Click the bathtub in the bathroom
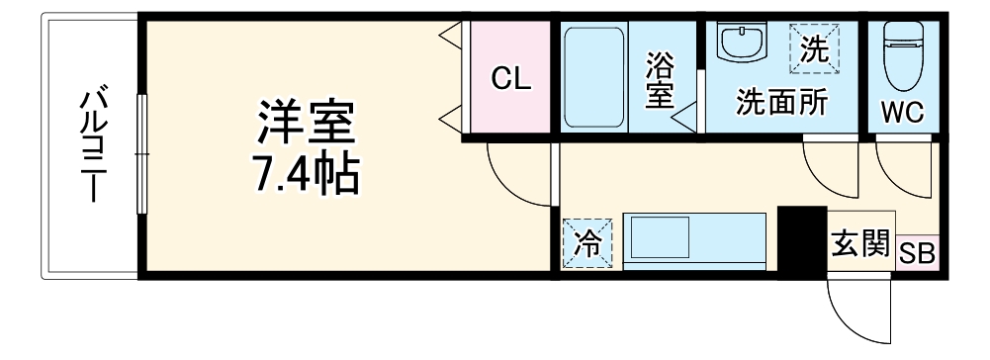coord(593,78)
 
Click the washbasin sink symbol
coord(742,43)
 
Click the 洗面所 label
coord(766,103)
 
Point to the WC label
coord(903,112)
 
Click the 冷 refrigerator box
coord(587,242)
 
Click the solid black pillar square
coord(800,240)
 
